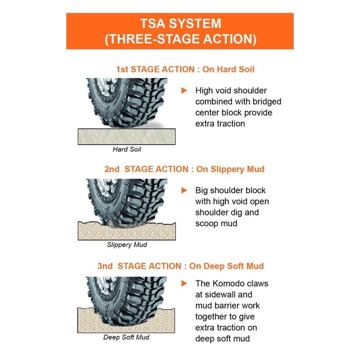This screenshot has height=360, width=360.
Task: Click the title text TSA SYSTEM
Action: click(x=180, y=24)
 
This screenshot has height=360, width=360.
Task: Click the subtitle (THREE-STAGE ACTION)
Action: click(x=180, y=39)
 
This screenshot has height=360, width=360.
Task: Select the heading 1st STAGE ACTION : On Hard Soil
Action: click(x=185, y=69)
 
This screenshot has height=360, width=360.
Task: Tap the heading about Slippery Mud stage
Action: click(x=185, y=169)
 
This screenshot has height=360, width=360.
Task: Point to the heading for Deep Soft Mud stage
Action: click(x=181, y=266)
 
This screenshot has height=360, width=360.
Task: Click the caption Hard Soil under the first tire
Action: click(x=127, y=150)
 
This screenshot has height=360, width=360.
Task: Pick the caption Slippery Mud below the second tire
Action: click(x=127, y=245)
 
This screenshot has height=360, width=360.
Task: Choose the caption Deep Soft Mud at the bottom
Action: click(x=127, y=338)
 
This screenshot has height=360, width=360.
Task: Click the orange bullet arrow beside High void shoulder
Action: click(x=184, y=91)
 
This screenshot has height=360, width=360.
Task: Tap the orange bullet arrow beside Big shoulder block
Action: click(x=184, y=190)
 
